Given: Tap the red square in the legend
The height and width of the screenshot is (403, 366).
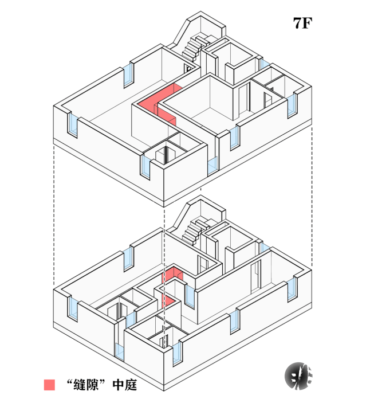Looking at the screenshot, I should (50, 385).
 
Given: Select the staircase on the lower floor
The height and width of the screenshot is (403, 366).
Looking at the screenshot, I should (195, 229).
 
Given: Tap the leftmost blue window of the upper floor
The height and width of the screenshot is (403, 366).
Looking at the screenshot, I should (74, 125).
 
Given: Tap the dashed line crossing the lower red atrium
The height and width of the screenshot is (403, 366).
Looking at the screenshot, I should (165, 287).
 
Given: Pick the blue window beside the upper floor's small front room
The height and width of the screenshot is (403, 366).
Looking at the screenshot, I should (144, 166).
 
